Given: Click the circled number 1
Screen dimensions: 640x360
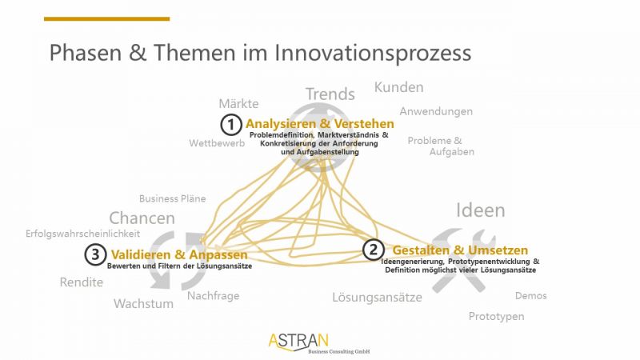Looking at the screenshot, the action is (231, 125).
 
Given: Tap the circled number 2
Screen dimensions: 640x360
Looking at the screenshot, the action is (374, 250).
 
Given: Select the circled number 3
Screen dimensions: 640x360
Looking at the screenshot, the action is (95, 254).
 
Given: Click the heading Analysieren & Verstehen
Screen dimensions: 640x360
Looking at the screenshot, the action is (319, 124).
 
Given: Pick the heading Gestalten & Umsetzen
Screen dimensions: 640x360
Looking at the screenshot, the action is (460, 250).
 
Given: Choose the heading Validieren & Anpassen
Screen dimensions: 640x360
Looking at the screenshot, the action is (179, 254).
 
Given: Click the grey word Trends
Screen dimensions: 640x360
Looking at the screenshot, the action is (330, 94).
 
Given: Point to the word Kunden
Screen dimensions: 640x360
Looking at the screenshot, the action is (398, 87).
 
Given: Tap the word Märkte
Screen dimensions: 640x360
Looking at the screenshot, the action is (238, 103).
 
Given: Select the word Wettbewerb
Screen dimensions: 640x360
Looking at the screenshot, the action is (217, 143).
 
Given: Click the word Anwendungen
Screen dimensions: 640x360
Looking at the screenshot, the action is (436, 111).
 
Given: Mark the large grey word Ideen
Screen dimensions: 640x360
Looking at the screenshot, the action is (481, 210).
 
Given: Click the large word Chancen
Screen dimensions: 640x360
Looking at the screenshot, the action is (142, 218).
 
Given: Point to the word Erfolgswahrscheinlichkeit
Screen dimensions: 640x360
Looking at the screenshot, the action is (83, 234).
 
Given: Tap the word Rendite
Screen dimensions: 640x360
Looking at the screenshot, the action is (82, 282).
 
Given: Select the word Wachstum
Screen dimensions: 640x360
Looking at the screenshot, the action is (143, 303).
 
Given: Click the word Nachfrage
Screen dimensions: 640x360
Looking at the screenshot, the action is (213, 296).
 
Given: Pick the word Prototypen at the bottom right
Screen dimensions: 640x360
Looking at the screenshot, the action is (496, 316).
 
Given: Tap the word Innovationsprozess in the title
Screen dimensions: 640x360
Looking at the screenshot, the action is (373, 54).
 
